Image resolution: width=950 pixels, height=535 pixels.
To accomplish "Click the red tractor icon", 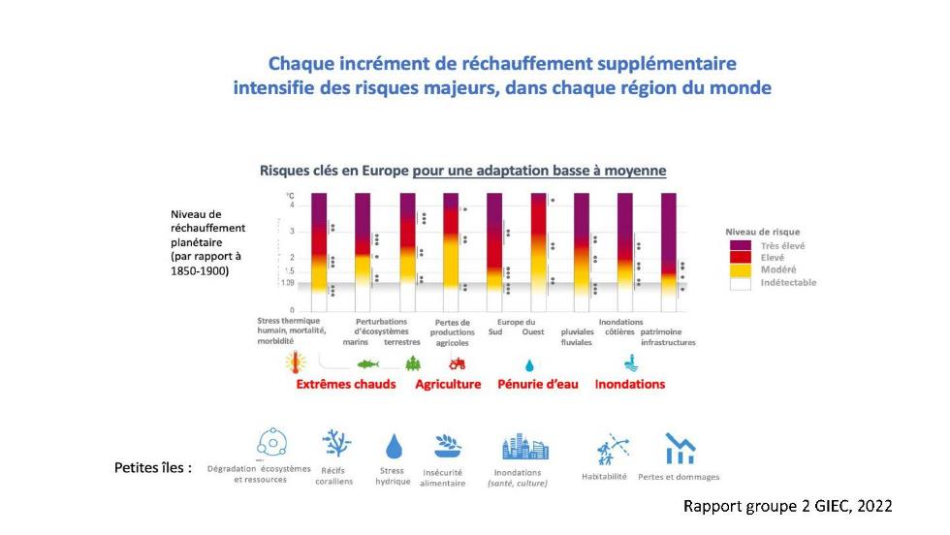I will pyautogui.click(x=457, y=363).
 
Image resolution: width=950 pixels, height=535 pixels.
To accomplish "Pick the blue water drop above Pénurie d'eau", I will pyautogui.click(x=529, y=365).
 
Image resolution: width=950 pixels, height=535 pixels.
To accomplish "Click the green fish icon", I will pyautogui.click(x=368, y=364).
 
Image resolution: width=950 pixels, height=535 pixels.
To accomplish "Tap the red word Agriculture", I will pyautogui.click(x=448, y=384).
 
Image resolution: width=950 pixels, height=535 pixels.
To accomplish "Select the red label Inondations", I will pyautogui.click(x=630, y=384).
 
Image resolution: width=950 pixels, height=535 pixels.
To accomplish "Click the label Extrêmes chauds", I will pyautogui.click(x=346, y=384).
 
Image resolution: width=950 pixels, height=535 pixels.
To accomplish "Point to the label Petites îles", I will pyautogui.click(x=152, y=467).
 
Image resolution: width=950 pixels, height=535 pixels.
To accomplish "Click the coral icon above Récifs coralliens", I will pyautogui.click(x=336, y=442).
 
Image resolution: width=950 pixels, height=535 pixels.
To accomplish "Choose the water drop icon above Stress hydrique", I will pyautogui.click(x=394, y=445).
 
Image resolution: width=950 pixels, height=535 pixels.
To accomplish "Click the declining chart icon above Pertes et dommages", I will pyautogui.click(x=680, y=448).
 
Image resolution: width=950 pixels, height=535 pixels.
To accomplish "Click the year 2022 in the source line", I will pyautogui.click(x=871, y=506).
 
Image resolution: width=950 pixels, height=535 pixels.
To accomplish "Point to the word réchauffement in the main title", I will pyautogui.click(x=474, y=65).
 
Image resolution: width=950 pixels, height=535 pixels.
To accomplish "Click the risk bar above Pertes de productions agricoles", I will pyautogui.click(x=451, y=242).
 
